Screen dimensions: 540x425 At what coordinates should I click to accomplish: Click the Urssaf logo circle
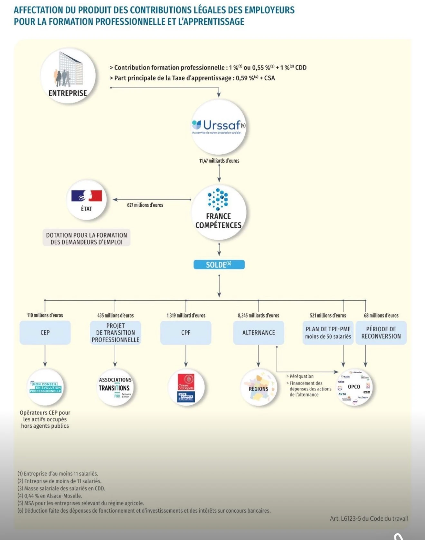click(x=219, y=127)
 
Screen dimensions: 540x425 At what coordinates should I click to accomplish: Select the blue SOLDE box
click(x=219, y=265)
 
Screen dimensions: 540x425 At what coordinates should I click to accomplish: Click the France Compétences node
click(x=219, y=213)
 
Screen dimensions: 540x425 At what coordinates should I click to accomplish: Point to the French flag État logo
click(x=86, y=196)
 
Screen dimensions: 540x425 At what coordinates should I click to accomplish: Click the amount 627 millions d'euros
click(x=145, y=205)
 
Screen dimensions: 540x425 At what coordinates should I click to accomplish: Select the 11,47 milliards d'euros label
click(x=219, y=161)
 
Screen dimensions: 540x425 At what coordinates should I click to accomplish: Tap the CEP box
click(x=45, y=333)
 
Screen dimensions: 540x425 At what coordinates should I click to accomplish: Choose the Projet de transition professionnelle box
click(x=115, y=333)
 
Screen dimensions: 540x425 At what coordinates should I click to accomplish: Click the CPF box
click(x=186, y=333)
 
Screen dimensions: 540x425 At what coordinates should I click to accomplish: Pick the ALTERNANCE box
click(x=259, y=333)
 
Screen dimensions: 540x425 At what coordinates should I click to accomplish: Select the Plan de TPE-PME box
click(x=328, y=333)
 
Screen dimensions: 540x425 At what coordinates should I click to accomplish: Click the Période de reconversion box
click(x=381, y=333)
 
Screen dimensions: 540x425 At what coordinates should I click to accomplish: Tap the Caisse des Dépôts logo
click(x=186, y=387)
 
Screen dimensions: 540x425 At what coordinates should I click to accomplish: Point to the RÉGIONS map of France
click(x=259, y=387)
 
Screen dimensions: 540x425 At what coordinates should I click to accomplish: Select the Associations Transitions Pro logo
click(x=115, y=387)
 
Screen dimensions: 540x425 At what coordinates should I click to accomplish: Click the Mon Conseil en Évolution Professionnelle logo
click(x=45, y=387)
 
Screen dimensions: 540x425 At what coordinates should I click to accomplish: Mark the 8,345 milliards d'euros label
click(x=258, y=316)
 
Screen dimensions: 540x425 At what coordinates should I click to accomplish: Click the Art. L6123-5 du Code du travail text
click(x=369, y=518)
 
